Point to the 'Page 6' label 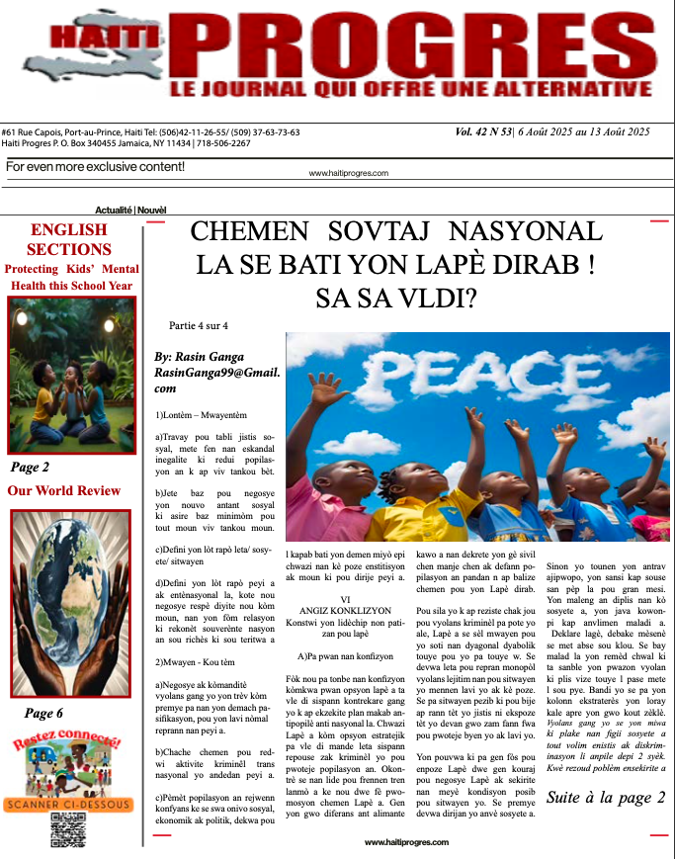[x=43, y=713]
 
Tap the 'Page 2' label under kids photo [x=30, y=468]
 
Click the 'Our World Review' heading [x=64, y=490]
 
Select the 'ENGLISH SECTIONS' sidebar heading [x=68, y=240]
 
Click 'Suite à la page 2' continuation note [x=605, y=798]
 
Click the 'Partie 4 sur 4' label [x=199, y=325]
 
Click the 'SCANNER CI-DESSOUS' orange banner [x=68, y=805]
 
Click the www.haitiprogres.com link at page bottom [x=406, y=842]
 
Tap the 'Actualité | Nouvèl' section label [x=130, y=211]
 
